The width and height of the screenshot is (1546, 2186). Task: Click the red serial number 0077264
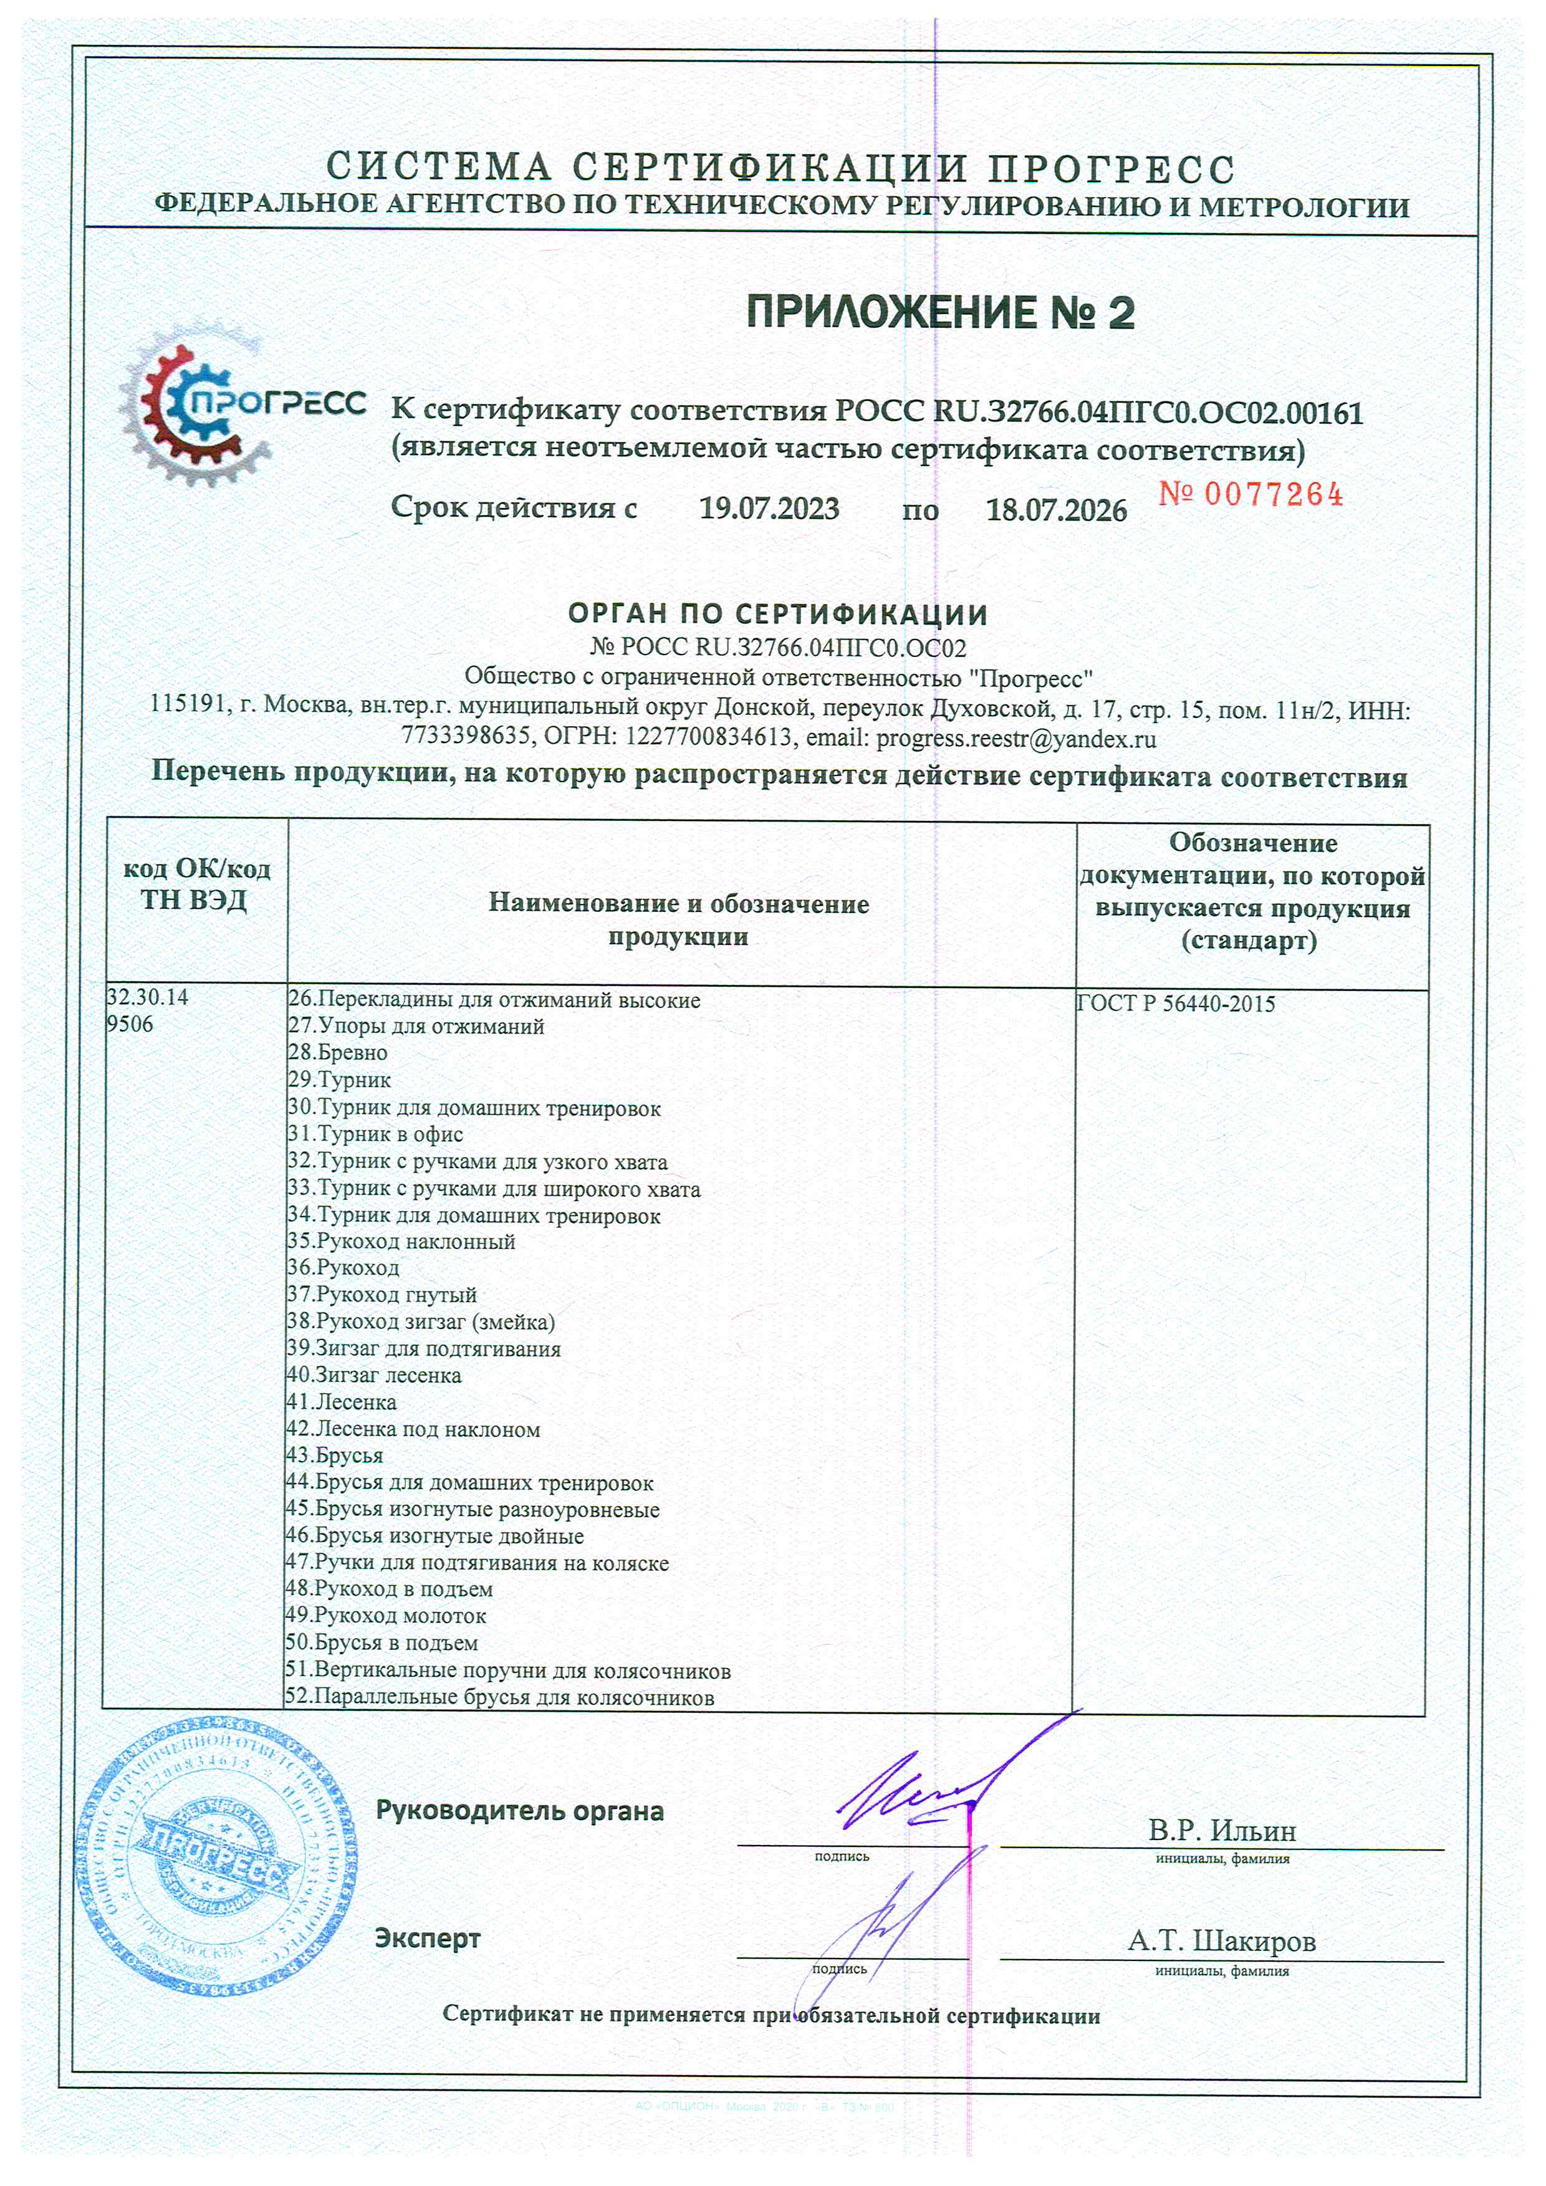pos(1251,495)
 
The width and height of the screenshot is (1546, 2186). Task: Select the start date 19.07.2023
pos(769,509)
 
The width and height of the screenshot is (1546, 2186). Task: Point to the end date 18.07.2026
pos(1056,511)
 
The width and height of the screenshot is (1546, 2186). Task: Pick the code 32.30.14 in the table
pos(148,997)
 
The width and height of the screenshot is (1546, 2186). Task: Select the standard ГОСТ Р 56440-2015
pos(1176,1004)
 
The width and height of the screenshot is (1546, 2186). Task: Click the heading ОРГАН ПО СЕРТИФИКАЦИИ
pos(778,614)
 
